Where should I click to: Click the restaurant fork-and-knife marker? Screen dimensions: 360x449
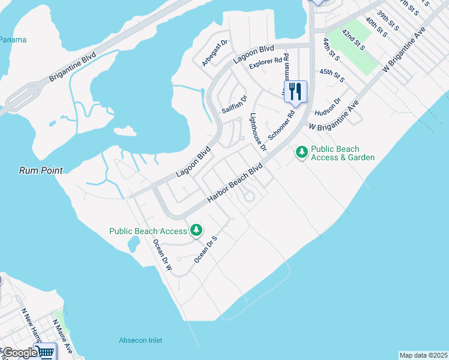295,92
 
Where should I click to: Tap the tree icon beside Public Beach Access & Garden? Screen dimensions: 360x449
301,154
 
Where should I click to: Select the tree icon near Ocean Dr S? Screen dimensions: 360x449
196,230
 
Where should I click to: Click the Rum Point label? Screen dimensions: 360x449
40,170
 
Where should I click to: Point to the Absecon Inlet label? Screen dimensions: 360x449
140,340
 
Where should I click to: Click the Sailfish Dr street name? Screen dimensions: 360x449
234,104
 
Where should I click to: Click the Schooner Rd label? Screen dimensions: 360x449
282,125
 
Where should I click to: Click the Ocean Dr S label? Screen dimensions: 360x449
205,250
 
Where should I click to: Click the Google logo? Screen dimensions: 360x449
20,353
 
